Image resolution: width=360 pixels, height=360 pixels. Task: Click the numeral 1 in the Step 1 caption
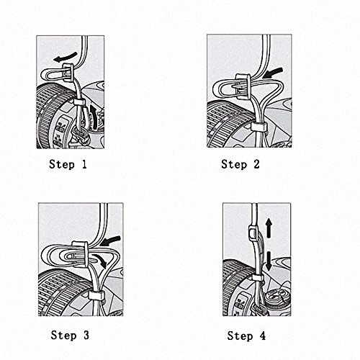(84, 164)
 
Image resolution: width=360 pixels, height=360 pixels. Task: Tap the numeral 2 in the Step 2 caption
(256, 164)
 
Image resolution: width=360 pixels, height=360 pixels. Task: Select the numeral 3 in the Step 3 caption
(86, 335)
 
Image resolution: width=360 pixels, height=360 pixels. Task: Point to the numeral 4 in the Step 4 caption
(263, 336)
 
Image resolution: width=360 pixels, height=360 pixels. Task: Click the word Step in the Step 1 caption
(62, 165)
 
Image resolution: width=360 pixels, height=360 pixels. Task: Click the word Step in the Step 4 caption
(240, 336)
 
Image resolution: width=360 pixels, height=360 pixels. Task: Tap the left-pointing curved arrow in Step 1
(66, 57)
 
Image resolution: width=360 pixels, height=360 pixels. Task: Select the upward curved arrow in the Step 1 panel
(94, 117)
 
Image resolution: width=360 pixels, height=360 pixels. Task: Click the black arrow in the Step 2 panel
(273, 73)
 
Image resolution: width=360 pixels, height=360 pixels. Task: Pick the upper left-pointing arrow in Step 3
(110, 240)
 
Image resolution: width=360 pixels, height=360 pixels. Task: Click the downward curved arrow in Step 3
(100, 260)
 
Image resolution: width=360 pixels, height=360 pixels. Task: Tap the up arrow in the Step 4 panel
(269, 228)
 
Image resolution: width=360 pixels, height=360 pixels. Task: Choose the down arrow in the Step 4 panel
(269, 261)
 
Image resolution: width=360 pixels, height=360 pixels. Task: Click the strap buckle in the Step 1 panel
(68, 72)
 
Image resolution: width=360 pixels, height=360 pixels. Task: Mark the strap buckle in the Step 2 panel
(243, 86)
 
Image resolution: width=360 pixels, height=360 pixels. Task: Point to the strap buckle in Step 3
(81, 253)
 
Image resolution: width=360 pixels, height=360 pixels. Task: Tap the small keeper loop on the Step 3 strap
(96, 296)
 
